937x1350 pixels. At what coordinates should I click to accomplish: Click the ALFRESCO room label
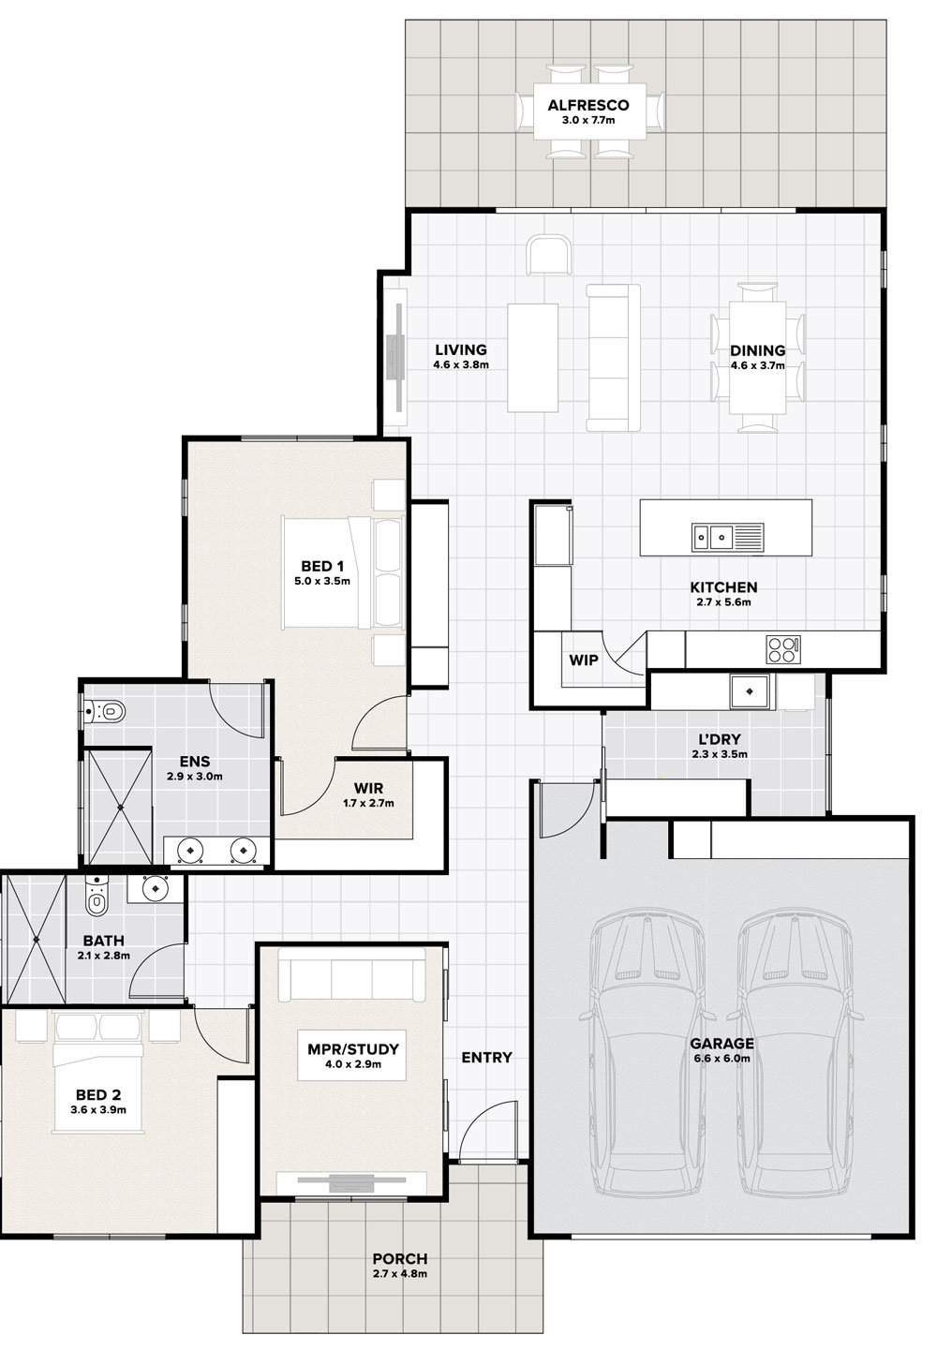[587, 106]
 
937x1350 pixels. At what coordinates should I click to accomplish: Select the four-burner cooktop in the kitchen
[782, 649]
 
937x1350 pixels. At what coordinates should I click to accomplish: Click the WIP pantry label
[584, 660]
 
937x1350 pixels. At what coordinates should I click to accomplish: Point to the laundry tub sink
[750, 690]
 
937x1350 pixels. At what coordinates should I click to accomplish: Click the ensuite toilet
[105, 711]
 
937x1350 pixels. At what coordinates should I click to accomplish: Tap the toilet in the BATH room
[96, 897]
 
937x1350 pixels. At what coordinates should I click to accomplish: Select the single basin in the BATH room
[155, 888]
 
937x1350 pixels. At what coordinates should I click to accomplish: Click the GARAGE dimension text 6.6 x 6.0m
[721, 1058]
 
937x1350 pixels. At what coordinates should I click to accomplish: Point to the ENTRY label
[486, 1057]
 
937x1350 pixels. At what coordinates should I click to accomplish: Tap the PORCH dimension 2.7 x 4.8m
[400, 1273]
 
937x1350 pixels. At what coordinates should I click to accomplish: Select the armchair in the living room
[549, 254]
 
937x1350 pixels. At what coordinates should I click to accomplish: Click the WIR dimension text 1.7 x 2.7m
[368, 803]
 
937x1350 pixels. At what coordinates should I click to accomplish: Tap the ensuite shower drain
[121, 807]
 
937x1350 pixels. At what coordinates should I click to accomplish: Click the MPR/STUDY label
[352, 1049]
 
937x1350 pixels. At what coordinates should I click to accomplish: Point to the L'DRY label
[720, 739]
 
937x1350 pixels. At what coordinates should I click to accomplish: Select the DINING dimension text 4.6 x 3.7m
[758, 365]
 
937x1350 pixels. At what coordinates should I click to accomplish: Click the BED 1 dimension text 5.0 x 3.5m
[322, 581]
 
